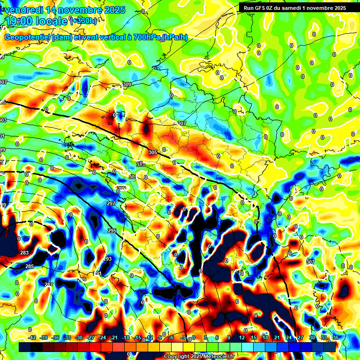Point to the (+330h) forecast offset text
pyautogui.click(x=83, y=21)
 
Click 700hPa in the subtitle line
pyautogui.click(x=147, y=37)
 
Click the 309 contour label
pyautogui.click(x=127, y=84)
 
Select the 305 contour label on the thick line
pyautogui.click(x=153, y=152)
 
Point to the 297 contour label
pyautogui.click(x=111, y=203)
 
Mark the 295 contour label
pyautogui.click(x=112, y=231)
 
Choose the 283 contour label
pyautogui.click(x=24, y=253)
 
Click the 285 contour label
pyautogui.click(x=30, y=266)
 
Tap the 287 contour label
pyautogui.click(x=49, y=284)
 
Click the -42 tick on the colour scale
pyautogui.click(x=32, y=337)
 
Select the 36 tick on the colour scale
pyautogui.click(x=336, y=337)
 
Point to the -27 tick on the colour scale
pyautogui.click(x=90, y=337)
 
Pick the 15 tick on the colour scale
pyautogui.click(x=253, y=337)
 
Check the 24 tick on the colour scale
pyautogui.click(x=288, y=337)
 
